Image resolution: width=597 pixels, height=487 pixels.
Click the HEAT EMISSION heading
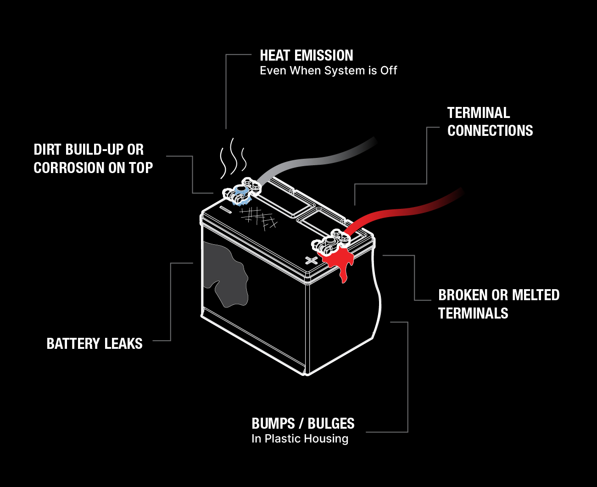[306, 55]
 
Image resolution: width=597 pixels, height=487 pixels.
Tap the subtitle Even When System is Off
[329, 71]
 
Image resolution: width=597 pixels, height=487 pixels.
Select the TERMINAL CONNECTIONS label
[490, 122]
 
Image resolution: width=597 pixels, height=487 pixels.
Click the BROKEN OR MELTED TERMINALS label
[499, 304]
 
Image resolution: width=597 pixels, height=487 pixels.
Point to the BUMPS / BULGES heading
[303, 424]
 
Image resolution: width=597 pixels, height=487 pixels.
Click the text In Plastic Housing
[300, 439]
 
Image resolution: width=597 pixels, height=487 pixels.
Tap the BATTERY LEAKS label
[95, 343]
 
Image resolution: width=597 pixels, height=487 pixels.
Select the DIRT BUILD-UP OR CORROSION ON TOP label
[93, 158]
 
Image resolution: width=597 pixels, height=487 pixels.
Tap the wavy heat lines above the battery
[233, 158]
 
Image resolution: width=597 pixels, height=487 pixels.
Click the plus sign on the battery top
[311, 260]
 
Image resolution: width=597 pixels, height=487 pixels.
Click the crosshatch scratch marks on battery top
[258, 218]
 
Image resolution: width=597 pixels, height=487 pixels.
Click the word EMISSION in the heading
[324, 55]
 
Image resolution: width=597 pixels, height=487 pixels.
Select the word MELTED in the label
[536, 295]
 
